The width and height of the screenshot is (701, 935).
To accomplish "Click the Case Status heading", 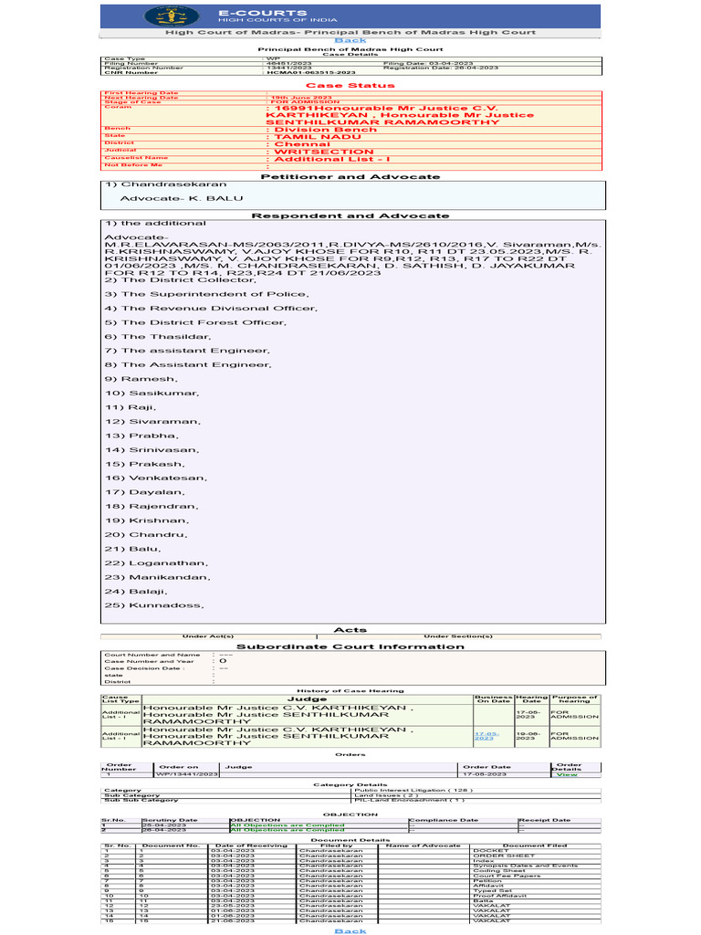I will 350,85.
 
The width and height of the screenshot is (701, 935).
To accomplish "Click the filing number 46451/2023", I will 282,62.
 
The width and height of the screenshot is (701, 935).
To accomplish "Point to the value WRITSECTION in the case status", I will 310,151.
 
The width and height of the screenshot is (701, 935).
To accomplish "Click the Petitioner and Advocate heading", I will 350,176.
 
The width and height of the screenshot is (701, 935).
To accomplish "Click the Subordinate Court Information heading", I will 350,646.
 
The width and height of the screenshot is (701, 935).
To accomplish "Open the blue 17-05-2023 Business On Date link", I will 485,735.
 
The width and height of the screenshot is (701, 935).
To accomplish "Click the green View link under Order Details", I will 567,774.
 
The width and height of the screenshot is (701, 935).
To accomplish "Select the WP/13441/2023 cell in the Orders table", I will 188,774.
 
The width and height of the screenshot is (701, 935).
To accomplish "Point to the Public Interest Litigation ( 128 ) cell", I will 402,790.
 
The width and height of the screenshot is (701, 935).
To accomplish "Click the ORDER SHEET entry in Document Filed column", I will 492,856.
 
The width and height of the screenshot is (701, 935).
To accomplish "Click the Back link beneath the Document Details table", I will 350,930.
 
